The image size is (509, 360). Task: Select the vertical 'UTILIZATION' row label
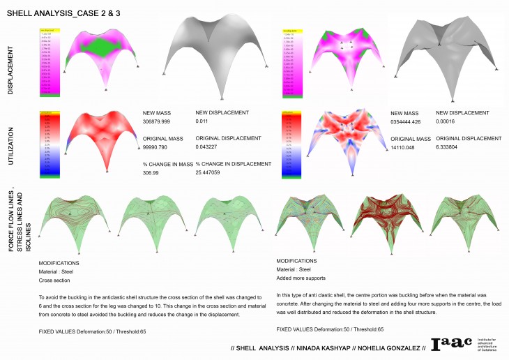pos(11,143)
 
